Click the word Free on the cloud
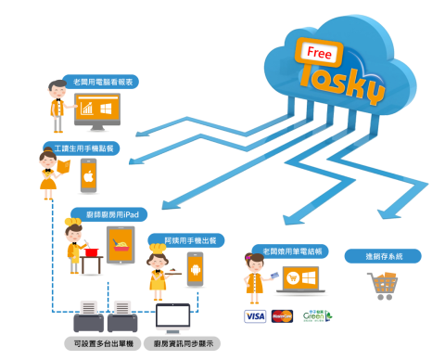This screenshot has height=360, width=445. click(320, 52)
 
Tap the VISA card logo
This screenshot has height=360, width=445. click(255, 316)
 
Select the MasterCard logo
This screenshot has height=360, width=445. click(283, 316)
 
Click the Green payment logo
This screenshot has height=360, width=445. click(316, 316)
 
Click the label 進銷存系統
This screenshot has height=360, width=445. click(383, 256)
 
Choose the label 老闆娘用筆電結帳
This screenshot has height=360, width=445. click(288, 251)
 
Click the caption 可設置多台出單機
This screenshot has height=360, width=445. click(105, 343)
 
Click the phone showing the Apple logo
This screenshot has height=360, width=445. click(89, 175)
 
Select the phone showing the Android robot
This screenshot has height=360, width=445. click(196, 270)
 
